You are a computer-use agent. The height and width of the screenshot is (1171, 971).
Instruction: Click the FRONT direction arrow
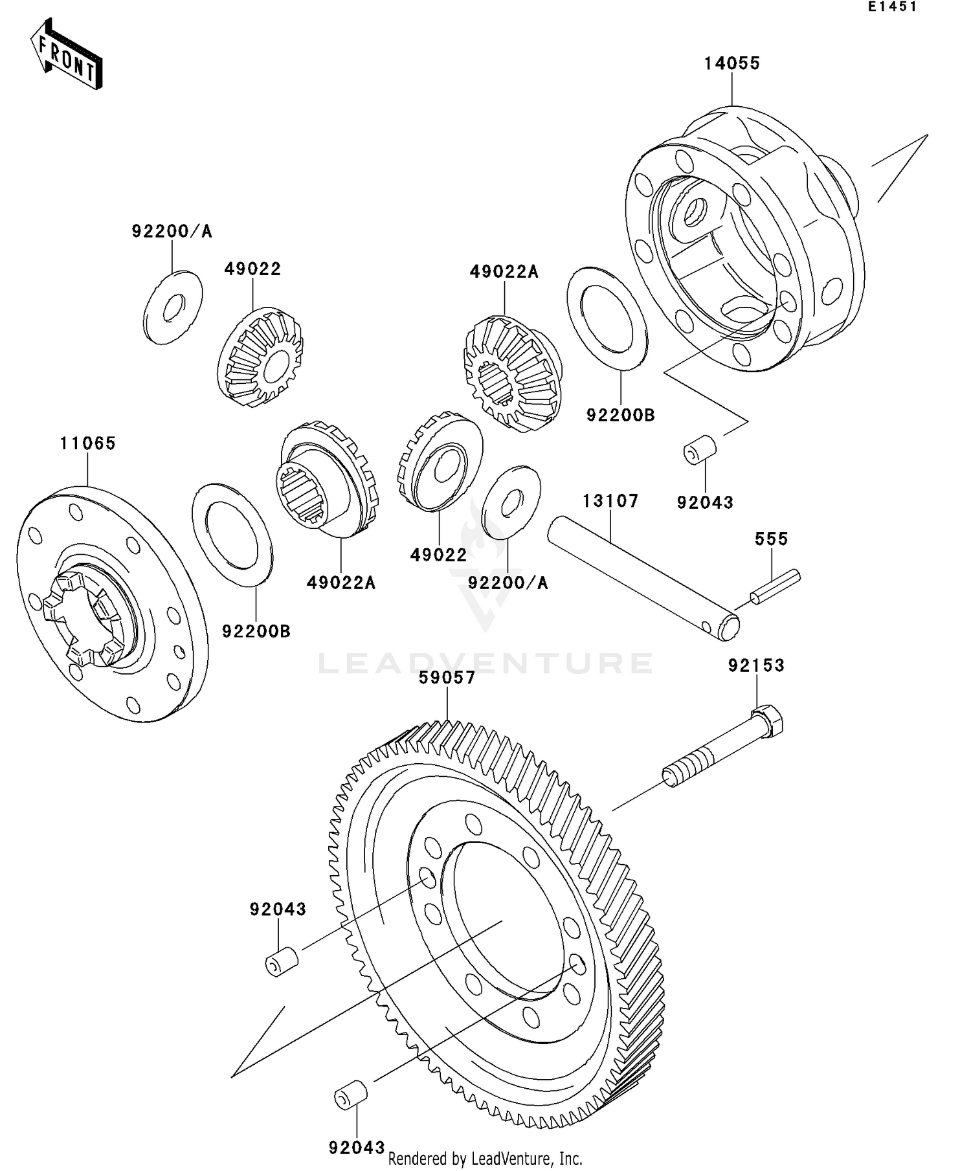67,54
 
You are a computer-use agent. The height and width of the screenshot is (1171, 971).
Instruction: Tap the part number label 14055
731,63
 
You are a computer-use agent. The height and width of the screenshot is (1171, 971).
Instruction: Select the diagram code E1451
893,7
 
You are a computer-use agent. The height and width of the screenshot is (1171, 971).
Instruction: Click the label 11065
88,443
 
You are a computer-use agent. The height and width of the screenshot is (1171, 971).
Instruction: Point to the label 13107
610,501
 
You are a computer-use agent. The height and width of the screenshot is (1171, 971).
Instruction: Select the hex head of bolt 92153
767,720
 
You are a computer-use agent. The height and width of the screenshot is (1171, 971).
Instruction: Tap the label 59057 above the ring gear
447,678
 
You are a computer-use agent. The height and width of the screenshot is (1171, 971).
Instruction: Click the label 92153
756,665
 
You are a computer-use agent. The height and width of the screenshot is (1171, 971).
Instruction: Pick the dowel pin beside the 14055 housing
700,449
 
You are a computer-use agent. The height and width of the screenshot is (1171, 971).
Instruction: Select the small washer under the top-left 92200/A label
172,307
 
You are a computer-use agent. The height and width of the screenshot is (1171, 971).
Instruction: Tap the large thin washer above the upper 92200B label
607,318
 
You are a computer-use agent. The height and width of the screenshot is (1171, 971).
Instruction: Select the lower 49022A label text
340,583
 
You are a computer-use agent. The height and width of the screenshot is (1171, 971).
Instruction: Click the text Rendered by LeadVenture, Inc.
485,1159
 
